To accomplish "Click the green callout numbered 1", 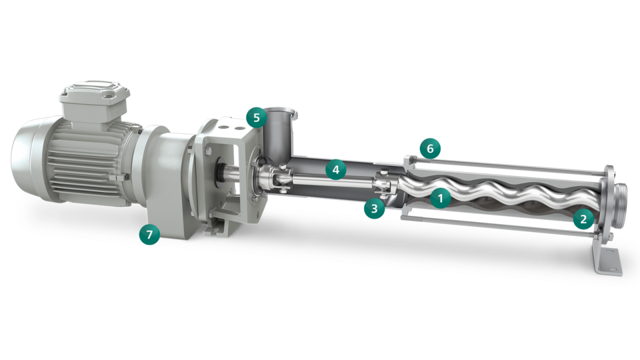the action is click(x=441, y=199).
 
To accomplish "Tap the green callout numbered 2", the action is click(x=583, y=219).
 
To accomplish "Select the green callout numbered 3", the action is click(x=374, y=209).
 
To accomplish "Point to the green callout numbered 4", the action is click(x=336, y=169).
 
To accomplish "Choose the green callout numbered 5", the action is click(x=256, y=117).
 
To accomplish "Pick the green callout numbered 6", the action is click(x=430, y=149).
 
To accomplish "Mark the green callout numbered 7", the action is click(x=149, y=234).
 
